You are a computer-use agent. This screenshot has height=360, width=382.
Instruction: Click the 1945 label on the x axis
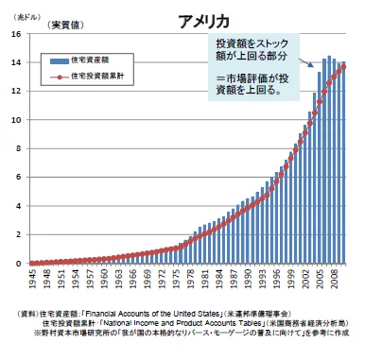coord(32,280)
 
